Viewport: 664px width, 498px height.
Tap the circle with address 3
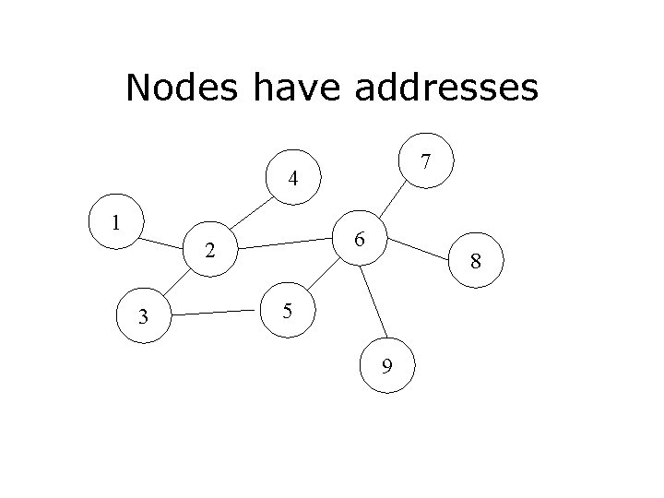click(143, 318)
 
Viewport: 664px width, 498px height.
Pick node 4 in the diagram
click(291, 178)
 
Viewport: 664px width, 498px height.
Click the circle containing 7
click(425, 162)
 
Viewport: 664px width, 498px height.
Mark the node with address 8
click(475, 262)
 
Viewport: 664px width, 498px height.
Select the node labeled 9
click(388, 366)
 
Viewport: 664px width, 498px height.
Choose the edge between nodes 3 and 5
click(214, 314)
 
